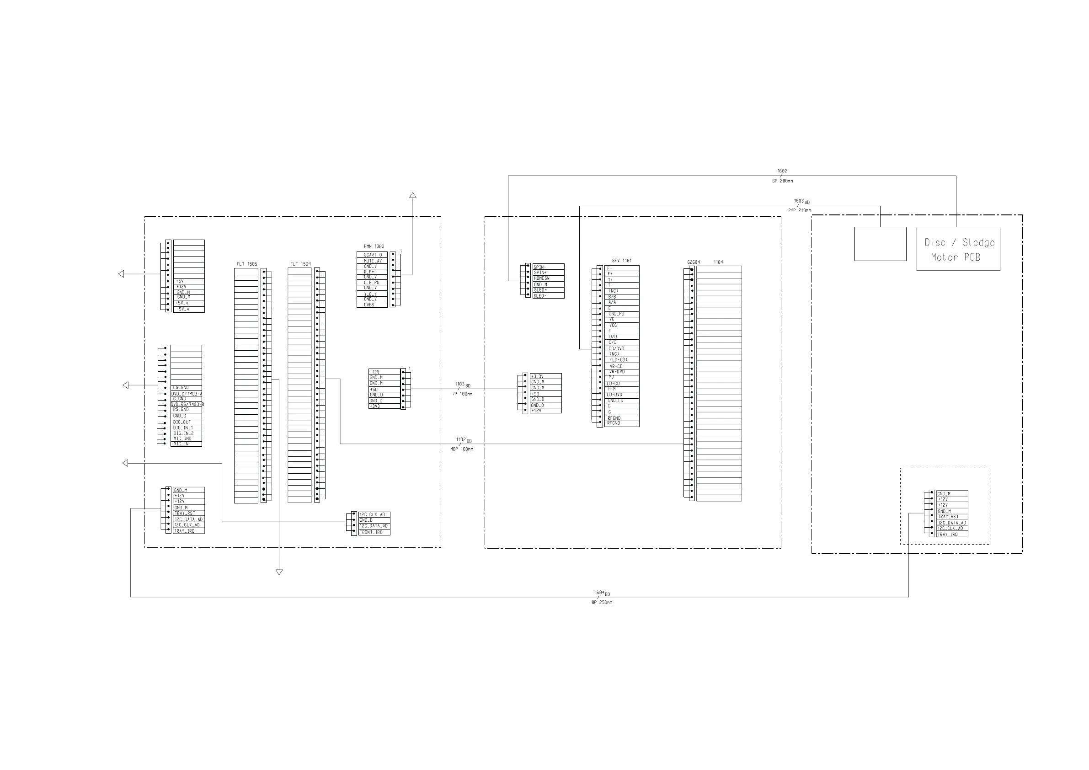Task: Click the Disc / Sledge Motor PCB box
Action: click(958, 249)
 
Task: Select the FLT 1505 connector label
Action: click(246, 264)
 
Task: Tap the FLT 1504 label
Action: click(300, 264)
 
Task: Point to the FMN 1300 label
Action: click(374, 246)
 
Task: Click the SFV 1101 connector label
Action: click(621, 261)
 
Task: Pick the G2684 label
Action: click(694, 262)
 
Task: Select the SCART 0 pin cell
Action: click(372, 255)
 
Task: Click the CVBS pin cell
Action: click(372, 305)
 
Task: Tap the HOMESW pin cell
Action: click(548, 278)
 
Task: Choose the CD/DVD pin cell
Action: click(622, 348)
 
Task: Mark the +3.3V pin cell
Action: click(545, 376)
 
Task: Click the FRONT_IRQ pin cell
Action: click(374, 532)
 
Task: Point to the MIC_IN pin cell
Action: click(186, 444)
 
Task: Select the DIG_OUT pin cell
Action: click(186, 422)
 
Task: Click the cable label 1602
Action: click(782, 171)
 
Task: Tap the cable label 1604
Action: click(599, 593)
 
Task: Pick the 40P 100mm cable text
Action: click(461, 449)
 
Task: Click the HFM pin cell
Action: click(622, 389)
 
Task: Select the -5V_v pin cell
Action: click(189, 310)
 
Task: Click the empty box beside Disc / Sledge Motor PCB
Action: click(880, 244)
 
